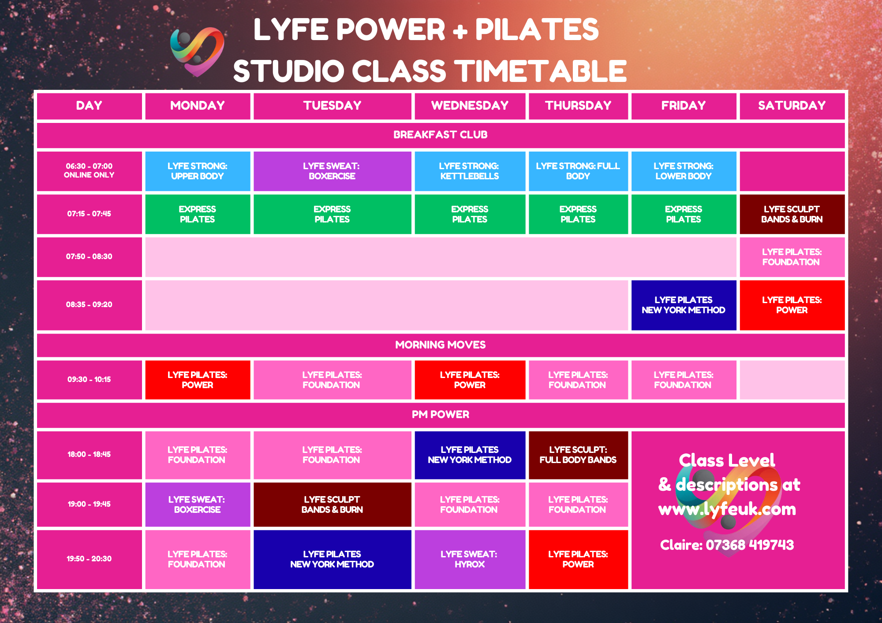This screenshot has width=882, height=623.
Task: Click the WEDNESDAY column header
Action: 470,106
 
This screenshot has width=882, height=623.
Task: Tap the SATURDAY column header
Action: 792,106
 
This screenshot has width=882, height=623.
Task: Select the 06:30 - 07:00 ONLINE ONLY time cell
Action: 89,171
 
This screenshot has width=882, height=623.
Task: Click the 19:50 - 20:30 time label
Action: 89,559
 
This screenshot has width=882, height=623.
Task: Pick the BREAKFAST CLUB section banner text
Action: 441,135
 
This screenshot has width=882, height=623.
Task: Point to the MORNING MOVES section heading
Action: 441,345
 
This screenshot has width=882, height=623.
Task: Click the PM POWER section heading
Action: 441,415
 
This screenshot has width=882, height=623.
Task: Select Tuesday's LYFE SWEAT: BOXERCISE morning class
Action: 332,171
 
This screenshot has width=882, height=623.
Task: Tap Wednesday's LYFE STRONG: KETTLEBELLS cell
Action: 470,171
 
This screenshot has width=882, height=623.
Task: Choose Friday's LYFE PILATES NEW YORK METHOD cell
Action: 684,305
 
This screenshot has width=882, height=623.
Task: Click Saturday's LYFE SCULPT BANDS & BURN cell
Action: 792,214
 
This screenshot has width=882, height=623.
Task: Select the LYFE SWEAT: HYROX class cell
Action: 470,559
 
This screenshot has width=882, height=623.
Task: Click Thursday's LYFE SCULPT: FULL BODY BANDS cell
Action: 578,455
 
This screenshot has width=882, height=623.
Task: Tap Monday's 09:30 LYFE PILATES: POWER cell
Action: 198,380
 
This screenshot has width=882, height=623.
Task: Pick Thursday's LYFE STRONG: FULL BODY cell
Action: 578,171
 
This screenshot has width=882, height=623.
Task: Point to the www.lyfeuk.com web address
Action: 727,510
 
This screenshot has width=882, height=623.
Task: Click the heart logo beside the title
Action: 197,52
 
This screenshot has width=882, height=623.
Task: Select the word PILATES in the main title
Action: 537,30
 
